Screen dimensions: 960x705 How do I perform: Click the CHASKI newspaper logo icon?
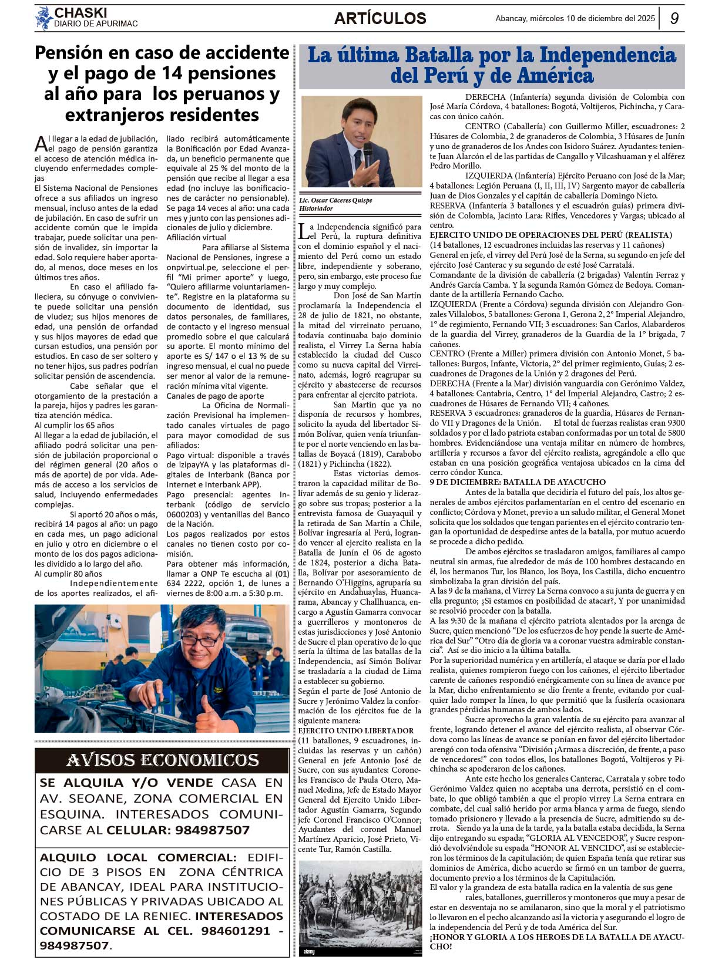(43, 18)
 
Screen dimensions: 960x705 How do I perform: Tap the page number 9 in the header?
(674, 18)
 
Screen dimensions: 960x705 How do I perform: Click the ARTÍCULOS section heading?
(380, 18)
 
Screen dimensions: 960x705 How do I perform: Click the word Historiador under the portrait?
(316, 208)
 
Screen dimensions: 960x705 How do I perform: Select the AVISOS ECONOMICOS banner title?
(162, 760)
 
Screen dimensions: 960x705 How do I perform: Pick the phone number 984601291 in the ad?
(235, 931)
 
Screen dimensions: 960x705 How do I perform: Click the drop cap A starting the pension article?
(41, 143)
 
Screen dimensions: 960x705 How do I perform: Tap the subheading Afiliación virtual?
(196, 237)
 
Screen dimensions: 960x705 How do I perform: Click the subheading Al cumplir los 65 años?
(74, 425)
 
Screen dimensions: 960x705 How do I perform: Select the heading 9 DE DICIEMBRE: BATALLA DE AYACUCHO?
(517, 482)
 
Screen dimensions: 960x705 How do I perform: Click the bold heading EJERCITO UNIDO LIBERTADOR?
(355, 730)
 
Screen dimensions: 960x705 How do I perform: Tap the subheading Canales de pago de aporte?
(215, 396)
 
